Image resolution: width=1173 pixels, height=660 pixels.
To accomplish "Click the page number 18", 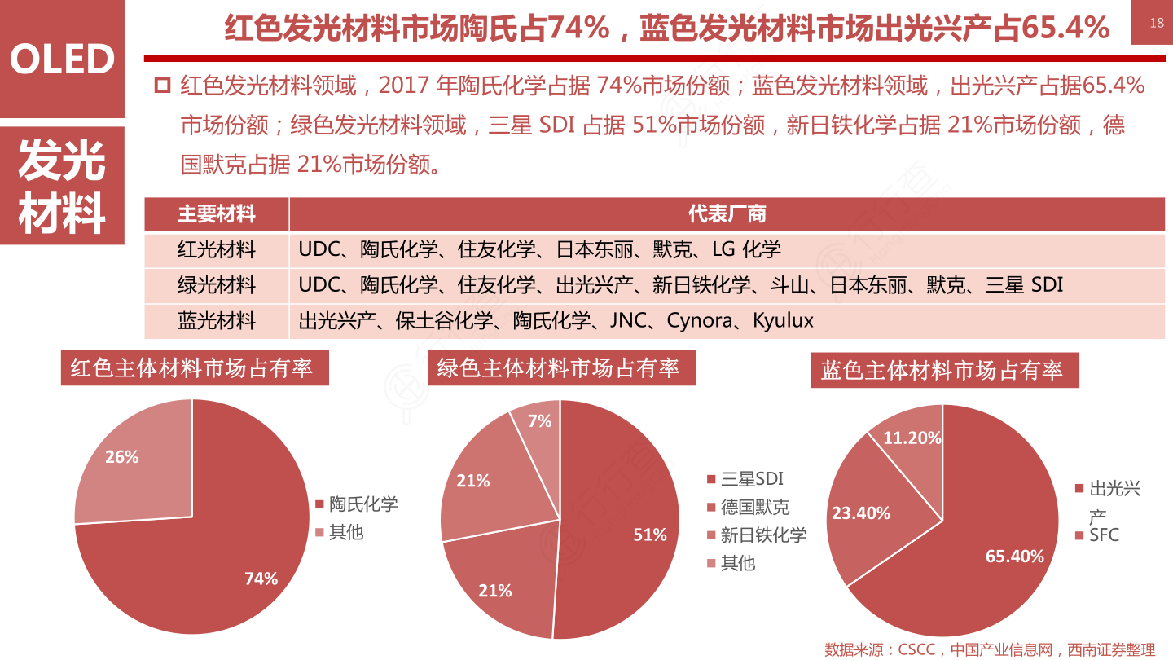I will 1157,23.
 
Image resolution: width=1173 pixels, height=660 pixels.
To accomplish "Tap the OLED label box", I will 62,59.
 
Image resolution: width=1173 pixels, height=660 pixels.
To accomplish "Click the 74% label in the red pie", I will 261,579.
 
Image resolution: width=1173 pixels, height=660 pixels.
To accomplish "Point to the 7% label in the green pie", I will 539,421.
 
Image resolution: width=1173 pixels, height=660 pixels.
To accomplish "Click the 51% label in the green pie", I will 650,535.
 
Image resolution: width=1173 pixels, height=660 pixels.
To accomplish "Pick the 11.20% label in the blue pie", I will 912,438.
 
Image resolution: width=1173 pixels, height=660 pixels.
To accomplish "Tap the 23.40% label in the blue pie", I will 860,513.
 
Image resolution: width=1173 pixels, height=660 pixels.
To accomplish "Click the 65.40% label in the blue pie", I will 1015,557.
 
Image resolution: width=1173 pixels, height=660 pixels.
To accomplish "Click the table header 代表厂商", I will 727,214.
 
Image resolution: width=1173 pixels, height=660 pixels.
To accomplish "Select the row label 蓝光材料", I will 217,320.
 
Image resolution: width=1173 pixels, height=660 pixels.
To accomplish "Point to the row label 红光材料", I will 217,249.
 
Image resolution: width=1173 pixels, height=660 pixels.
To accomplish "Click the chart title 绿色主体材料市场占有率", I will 559,368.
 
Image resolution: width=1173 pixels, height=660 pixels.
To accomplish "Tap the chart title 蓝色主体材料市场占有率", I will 942,371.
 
